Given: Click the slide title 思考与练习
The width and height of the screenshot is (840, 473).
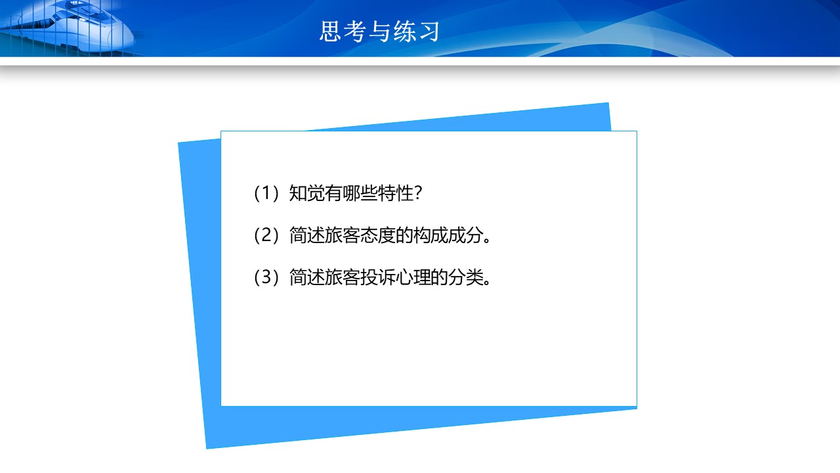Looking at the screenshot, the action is pyautogui.click(x=379, y=31).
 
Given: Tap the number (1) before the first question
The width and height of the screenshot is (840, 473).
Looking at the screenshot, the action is pyautogui.click(x=266, y=194).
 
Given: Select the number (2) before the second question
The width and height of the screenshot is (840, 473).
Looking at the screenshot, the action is pyautogui.click(x=266, y=236).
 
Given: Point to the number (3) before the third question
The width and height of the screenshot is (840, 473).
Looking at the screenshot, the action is pyautogui.click(x=266, y=278).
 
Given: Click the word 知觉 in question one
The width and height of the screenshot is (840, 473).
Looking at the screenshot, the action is pyautogui.click(x=306, y=194).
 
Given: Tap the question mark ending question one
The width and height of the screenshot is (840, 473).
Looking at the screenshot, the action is pyautogui.click(x=419, y=194).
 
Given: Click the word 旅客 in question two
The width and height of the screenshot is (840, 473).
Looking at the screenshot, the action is pyautogui.click(x=342, y=236).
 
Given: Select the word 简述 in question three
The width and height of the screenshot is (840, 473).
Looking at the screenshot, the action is pyautogui.click(x=306, y=278).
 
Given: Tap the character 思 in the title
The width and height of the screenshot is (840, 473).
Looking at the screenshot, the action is pyautogui.click(x=330, y=31).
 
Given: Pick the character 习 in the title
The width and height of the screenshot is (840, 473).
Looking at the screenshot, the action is pyautogui.click(x=429, y=31).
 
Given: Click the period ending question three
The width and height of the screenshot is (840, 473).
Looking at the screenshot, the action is pyautogui.click(x=487, y=283).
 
